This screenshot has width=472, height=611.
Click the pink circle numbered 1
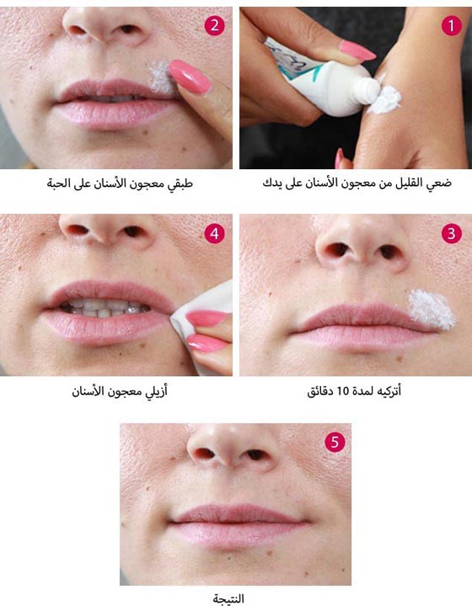click(452, 26)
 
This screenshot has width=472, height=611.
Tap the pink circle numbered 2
click(214, 26)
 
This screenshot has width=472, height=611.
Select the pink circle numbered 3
click(452, 233)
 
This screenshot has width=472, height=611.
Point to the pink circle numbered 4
click(214, 233)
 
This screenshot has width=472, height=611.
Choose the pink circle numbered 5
click(335, 442)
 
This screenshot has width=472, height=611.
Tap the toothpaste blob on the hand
click(386, 100)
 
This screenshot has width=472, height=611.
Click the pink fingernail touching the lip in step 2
click(190, 77)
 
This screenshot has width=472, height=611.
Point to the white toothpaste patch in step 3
click(432, 309)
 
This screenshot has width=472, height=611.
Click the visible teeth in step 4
click(105, 307)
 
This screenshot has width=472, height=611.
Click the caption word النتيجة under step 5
click(228, 598)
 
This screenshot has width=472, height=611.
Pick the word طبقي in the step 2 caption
click(180, 183)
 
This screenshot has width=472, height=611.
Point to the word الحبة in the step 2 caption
click(58, 183)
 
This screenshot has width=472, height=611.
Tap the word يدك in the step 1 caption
click(271, 183)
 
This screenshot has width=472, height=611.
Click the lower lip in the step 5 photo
click(239, 533)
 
